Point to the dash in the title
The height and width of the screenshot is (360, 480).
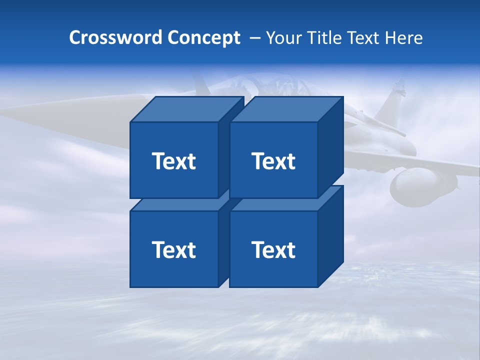[x=254, y=38]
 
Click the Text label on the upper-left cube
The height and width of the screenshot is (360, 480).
[x=173, y=161]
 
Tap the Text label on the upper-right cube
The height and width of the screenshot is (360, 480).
[x=273, y=161]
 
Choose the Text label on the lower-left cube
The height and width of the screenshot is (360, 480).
[x=173, y=249]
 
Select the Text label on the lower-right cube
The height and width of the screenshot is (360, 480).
[x=273, y=249]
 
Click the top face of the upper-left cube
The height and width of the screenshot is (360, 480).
[x=186, y=109]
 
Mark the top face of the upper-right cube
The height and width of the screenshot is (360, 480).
[x=286, y=109]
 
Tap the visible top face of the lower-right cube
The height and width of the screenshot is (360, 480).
[x=280, y=203]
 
